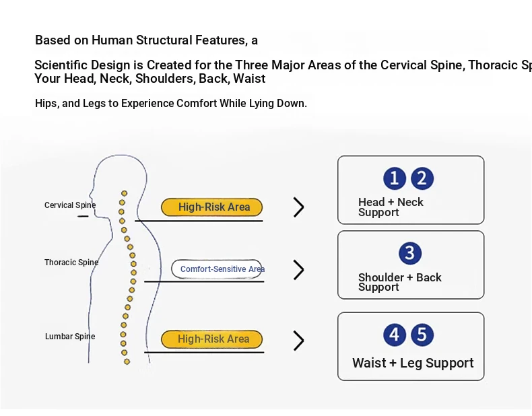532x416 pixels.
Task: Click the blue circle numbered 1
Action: (395, 178)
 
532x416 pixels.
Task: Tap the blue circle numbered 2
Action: (422, 178)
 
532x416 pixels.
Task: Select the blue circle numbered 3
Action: (409, 253)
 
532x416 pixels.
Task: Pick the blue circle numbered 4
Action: (395, 335)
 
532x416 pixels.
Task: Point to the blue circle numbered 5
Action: (422, 335)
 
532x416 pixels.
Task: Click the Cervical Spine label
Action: (70, 205)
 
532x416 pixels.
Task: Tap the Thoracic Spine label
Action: (71, 263)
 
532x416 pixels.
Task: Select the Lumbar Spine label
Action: (70, 337)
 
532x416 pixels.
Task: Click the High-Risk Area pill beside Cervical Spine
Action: (211, 207)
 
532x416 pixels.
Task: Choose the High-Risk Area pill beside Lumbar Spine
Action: (211, 339)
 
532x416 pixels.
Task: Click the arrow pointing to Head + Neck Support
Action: (299, 207)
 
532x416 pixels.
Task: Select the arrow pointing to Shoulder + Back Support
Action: (299, 270)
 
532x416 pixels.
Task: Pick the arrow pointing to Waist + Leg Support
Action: (299, 341)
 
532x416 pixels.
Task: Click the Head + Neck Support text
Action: (391, 207)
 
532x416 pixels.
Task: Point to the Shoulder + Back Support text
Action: (399, 282)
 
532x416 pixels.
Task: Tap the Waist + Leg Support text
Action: (413, 363)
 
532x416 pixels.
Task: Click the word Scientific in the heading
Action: (61, 65)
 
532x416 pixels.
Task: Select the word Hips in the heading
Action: (46, 104)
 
